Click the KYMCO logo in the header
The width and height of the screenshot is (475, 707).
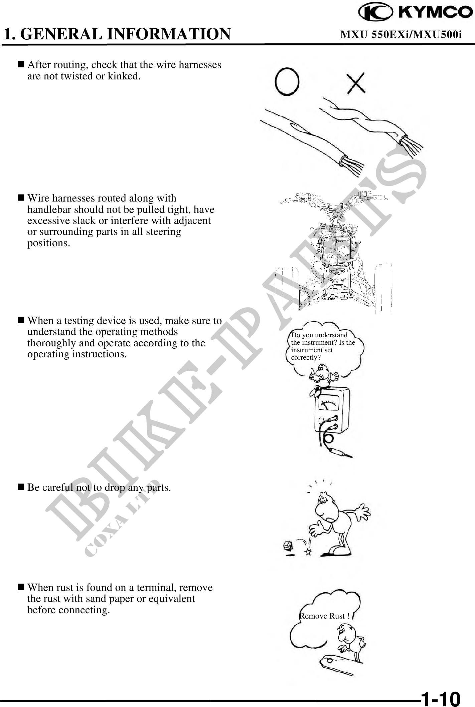coord(416,13)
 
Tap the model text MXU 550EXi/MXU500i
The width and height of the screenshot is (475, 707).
coord(401,34)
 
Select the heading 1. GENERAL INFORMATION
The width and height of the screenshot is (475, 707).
coord(117,34)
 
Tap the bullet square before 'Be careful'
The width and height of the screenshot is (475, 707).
coord(21,487)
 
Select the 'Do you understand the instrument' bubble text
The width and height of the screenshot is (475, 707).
coord(323,346)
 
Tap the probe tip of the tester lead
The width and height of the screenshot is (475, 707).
coord(349,456)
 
